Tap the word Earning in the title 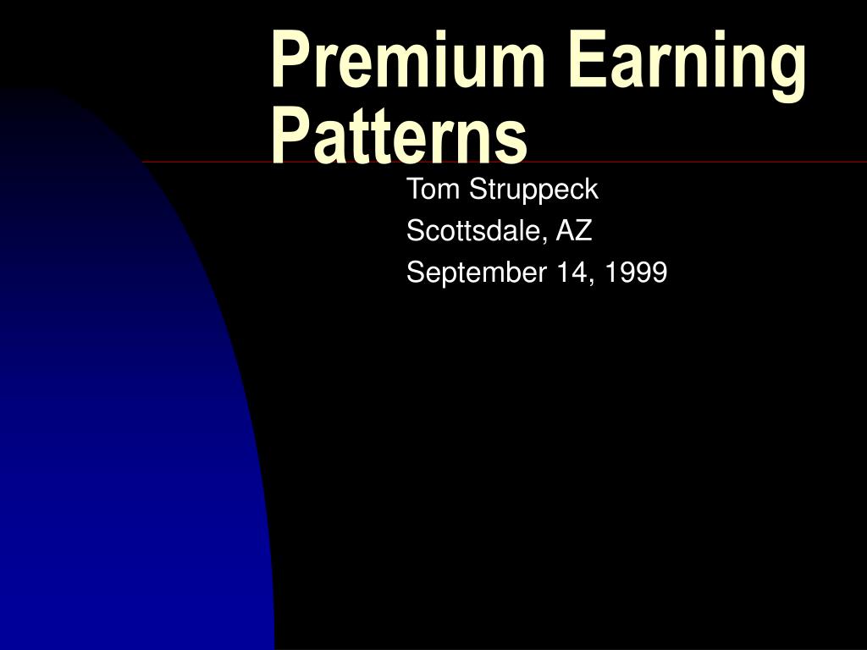pos(687,61)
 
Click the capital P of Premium pos(288,61)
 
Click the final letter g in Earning pos(787,68)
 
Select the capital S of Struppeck pos(478,190)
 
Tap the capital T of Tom pos(415,190)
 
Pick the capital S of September pos(415,273)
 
